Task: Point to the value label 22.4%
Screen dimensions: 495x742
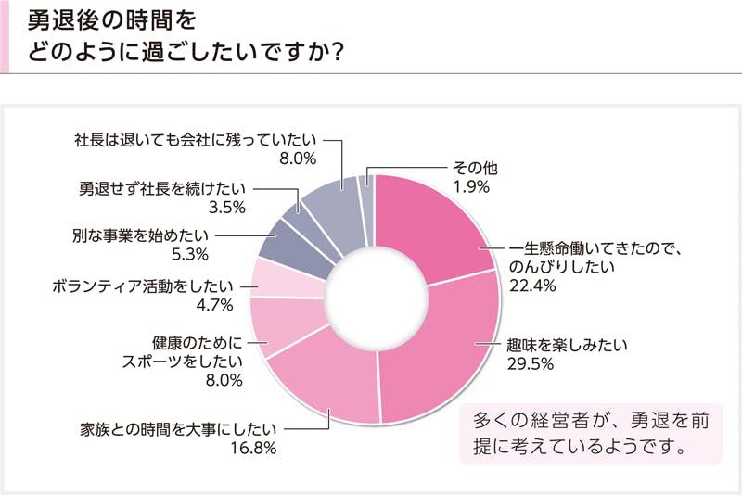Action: point(532,286)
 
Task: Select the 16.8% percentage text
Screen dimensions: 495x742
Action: point(254,450)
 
